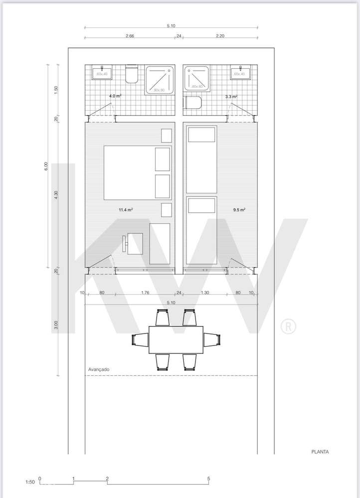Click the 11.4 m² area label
[x=125, y=210]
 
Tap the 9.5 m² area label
[x=239, y=210]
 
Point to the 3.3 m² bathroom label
[x=231, y=96]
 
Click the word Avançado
[x=98, y=369]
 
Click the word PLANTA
[x=320, y=452]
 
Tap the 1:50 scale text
[x=30, y=482]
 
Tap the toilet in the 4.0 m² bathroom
[x=132, y=74]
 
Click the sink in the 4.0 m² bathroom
[x=103, y=73]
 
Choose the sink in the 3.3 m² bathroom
[x=240, y=73]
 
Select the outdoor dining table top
[x=176, y=339]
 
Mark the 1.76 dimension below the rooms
[x=146, y=293]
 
